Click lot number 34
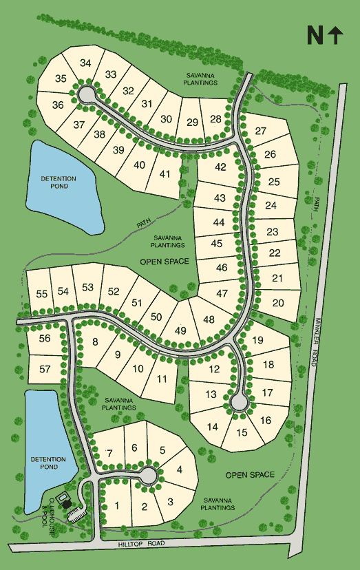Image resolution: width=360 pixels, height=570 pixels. point(85,63)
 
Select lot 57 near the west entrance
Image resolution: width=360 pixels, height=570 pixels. point(45,370)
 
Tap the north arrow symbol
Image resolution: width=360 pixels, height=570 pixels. point(336,35)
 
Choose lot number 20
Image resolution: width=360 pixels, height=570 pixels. point(279,303)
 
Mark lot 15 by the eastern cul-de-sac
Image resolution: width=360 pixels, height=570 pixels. point(242,433)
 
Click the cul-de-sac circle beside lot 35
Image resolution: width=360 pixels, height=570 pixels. point(87,93)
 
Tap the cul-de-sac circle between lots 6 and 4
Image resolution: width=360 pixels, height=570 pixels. point(147,474)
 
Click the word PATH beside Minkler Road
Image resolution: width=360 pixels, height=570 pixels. point(317,204)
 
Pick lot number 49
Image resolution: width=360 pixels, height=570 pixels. point(181,331)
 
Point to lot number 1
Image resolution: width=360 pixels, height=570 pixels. point(118,506)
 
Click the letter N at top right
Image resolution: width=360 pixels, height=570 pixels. point(315,35)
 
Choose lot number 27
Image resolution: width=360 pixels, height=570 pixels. point(261,131)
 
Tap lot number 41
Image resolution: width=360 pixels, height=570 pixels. point(165,173)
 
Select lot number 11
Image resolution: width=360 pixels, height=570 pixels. point(162,379)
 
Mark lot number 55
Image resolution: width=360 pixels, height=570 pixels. point(42,294)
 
